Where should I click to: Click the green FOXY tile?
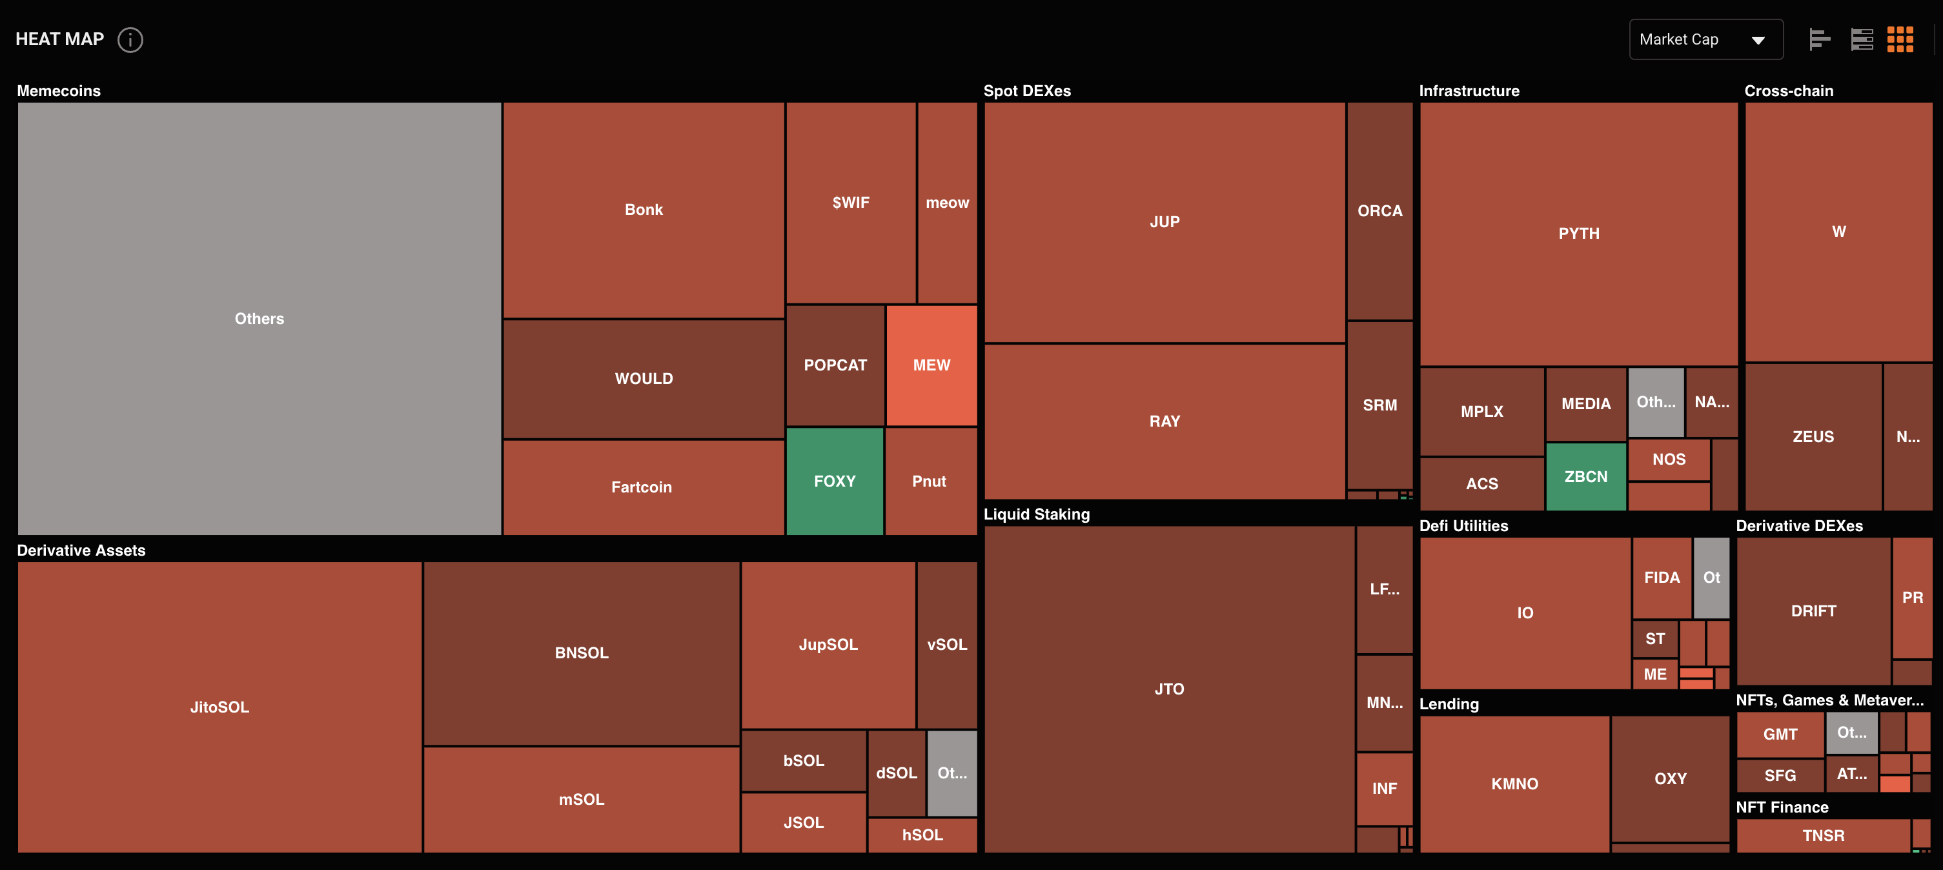(834, 481)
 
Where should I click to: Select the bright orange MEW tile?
(931, 365)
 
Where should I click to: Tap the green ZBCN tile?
(1585, 476)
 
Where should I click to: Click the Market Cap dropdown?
(1705, 39)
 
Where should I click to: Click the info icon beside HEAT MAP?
(130, 39)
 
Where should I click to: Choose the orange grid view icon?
(1900, 39)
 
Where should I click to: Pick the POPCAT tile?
(835, 365)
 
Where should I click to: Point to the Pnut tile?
(930, 481)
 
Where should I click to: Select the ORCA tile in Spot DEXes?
(1379, 211)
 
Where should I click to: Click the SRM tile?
(1379, 405)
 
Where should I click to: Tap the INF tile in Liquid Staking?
(1384, 788)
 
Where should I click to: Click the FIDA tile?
(1662, 578)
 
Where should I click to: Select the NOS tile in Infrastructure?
(1669, 459)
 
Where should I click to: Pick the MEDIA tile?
(1585, 403)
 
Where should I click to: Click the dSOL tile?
(896, 773)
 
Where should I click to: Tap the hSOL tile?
(922, 835)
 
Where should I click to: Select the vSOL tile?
(946, 645)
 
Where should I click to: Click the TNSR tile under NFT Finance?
(1823, 835)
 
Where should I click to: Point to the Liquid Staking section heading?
(1036, 514)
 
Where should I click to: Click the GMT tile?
(1780, 734)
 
